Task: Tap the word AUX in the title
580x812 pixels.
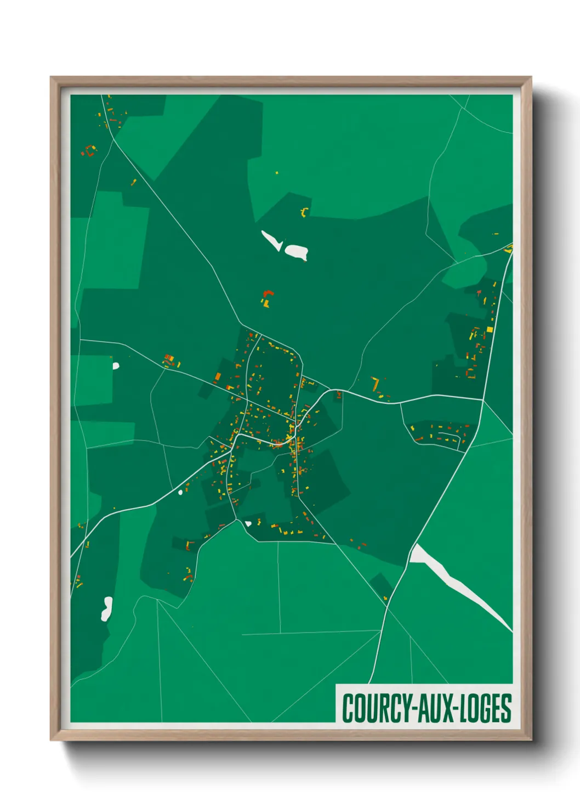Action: click(x=435, y=708)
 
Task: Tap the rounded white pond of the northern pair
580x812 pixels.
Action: click(x=296, y=252)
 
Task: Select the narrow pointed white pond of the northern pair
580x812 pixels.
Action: click(x=271, y=240)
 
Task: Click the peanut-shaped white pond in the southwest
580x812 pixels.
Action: click(x=106, y=608)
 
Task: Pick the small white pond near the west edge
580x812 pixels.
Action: click(x=116, y=365)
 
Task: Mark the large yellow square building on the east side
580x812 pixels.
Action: click(x=490, y=329)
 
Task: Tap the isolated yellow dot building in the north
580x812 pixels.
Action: click(x=277, y=173)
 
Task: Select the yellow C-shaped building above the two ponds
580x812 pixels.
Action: click(x=305, y=212)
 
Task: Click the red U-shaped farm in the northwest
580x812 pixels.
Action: click(x=89, y=150)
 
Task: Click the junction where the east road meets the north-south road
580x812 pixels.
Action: click(x=482, y=399)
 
